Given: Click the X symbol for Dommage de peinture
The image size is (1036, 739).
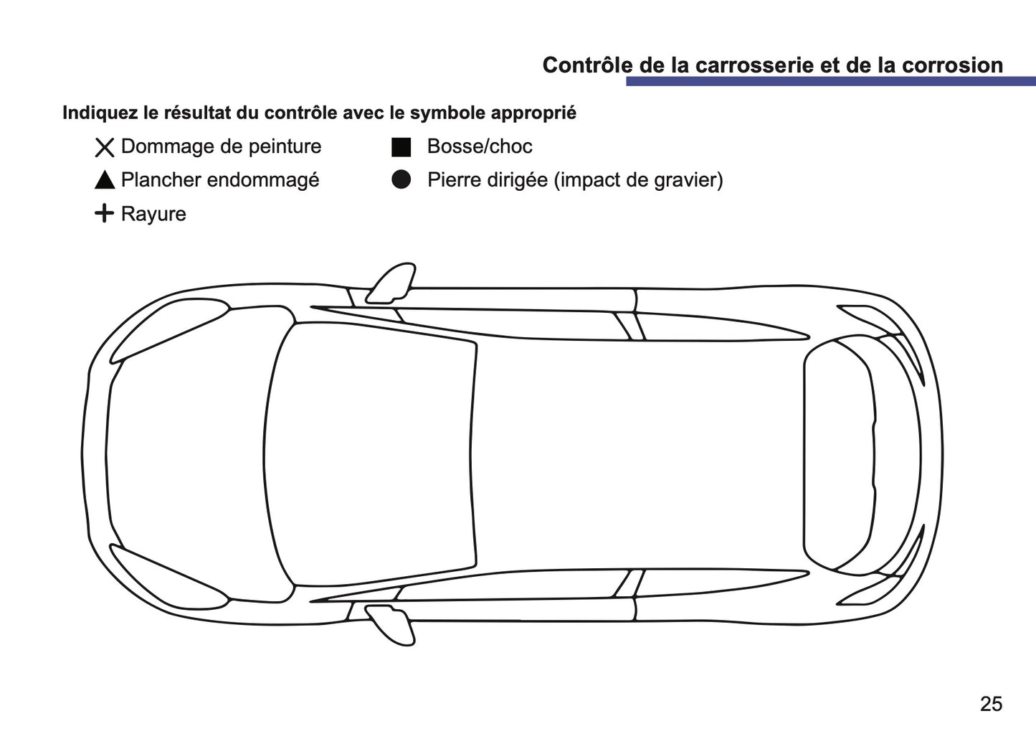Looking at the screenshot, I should (105, 148).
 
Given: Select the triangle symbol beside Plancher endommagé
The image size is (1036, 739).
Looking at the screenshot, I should (105, 181).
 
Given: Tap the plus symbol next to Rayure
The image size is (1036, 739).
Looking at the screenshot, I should (105, 214).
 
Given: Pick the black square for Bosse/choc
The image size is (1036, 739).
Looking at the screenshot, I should (401, 147).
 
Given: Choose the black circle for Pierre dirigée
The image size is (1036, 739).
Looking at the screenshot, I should (401, 180).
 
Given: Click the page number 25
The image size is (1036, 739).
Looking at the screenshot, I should (991, 704).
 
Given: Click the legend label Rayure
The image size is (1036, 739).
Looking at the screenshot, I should (153, 215).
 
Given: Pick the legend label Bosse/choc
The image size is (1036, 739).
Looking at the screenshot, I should (480, 147).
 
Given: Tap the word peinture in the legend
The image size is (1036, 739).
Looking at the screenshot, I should (285, 147).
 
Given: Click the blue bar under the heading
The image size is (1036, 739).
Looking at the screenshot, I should (825, 82).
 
